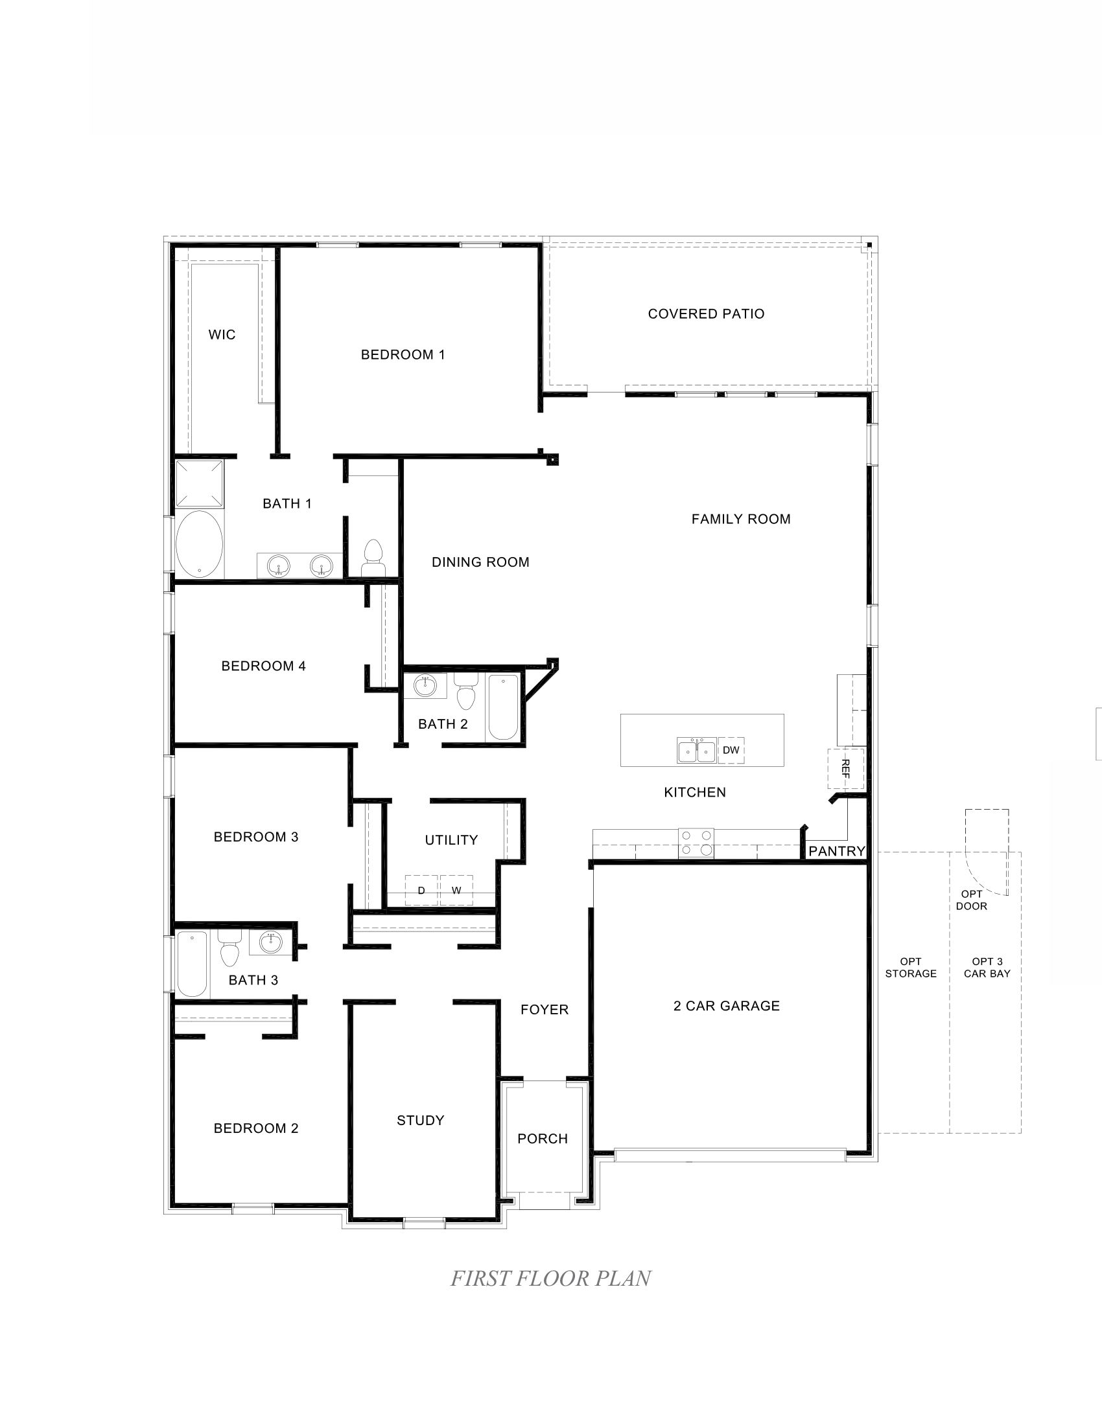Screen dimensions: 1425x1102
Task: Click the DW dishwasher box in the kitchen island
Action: pyautogui.click(x=731, y=750)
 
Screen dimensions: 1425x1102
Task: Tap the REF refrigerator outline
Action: pyautogui.click(x=845, y=769)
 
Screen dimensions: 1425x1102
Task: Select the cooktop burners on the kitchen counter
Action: pyautogui.click(x=696, y=842)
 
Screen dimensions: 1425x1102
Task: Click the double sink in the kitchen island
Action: pyautogui.click(x=697, y=751)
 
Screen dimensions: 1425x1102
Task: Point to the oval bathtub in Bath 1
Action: pyautogui.click(x=199, y=544)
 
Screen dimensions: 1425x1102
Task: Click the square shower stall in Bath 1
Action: pyautogui.click(x=199, y=483)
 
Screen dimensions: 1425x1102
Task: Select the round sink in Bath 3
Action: pyautogui.click(x=271, y=942)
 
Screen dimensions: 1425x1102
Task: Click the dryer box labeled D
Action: pyautogui.click(x=421, y=891)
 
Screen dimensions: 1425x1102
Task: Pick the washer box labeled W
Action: pyautogui.click(x=456, y=891)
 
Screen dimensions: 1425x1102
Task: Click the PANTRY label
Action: pyautogui.click(x=836, y=852)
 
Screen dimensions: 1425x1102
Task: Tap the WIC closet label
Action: pyautogui.click(x=222, y=335)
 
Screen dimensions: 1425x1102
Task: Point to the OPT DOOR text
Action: pyautogui.click(x=972, y=900)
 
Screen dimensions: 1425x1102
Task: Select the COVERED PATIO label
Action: pyautogui.click(x=706, y=314)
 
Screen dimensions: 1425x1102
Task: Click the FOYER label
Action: pyautogui.click(x=545, y=1010)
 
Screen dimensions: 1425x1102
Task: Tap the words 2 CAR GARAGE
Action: pyautogui.click(x=727, y=1006)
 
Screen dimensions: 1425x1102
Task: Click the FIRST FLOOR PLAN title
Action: pyautogui.click(x=550, y=1278)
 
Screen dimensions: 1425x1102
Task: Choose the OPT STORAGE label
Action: pyautogui.click(x=911, y=968)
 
